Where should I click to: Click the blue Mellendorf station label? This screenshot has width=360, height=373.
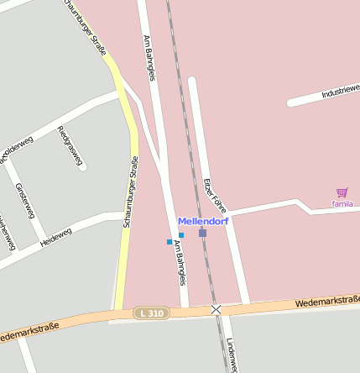tap(203, 221)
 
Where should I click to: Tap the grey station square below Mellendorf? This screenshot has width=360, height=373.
tap(202, 233)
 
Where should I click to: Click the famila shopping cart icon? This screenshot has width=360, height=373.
tap(342, 193)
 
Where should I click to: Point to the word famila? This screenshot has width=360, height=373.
tap(342, 203)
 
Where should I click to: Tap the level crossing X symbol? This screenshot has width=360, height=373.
tap(217, 309)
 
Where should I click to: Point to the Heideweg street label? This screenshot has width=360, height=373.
tap(56, 237)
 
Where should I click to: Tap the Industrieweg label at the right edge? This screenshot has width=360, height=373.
tap(341, 91)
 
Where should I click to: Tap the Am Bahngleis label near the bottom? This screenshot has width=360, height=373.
tap(179, 261)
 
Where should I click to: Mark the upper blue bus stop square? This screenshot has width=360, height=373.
tap(181, 235)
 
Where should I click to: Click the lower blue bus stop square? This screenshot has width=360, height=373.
tap(170, 242)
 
